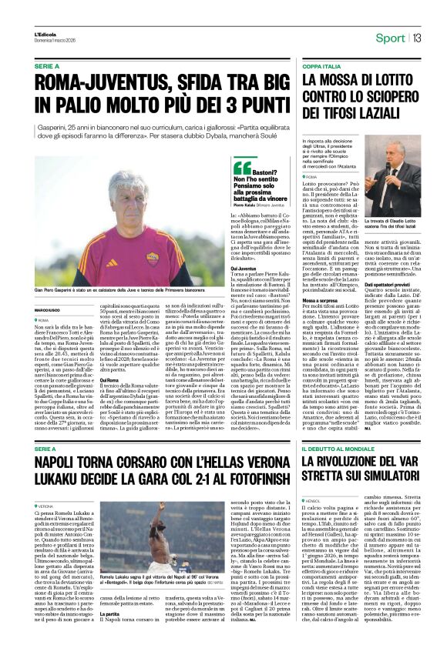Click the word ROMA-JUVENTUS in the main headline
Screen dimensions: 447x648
pos(93,83)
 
